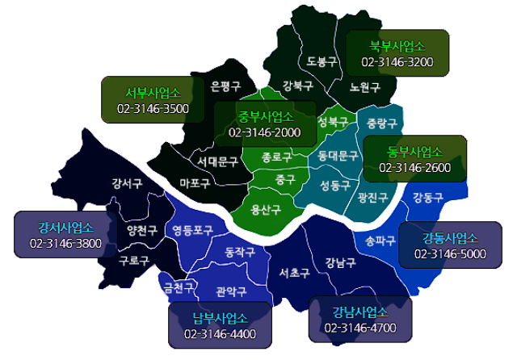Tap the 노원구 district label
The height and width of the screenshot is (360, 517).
pyautogui.click(x=365, y=86)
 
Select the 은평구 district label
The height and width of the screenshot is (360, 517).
pyautogui.click(x=225, y=86)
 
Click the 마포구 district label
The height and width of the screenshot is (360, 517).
pyautogui.click(x=195, y=182)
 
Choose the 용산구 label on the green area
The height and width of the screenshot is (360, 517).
pyautogui.click(x=266, y=210)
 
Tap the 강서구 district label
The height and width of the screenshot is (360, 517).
pyautogui.click(x=128, y=182)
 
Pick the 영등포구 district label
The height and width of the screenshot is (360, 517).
pyautogui.click(x=193, y=230)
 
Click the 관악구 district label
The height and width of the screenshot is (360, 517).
pyautogui.click(x=231, y=291)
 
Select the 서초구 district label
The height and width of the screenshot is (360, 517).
pyautogui.click(x=294, y=273)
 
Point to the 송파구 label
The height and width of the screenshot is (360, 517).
pyautogui.click(x=380, y=240)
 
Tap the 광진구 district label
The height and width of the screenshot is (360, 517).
pyautogui.click(x=372, y=196)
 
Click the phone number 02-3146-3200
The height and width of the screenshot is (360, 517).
pyautogui.click(x=397, y=61)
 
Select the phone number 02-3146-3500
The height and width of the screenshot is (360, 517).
pyautogui.click(x=153, y=108)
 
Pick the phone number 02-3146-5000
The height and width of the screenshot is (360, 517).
pyautogui.click(x=450, y=253)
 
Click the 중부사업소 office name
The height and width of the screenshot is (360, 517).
pyautogui.click(x=265, y=116)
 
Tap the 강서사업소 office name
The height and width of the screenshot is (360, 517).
pyautogui.click(x=65, y=227)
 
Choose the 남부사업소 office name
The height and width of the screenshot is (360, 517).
pyautogui.click(x=220, y=317)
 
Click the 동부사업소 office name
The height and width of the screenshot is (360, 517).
pyautogui.click(x=415, y=152)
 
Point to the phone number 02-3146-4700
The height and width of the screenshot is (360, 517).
pyautogui.click(x=360, y=328)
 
